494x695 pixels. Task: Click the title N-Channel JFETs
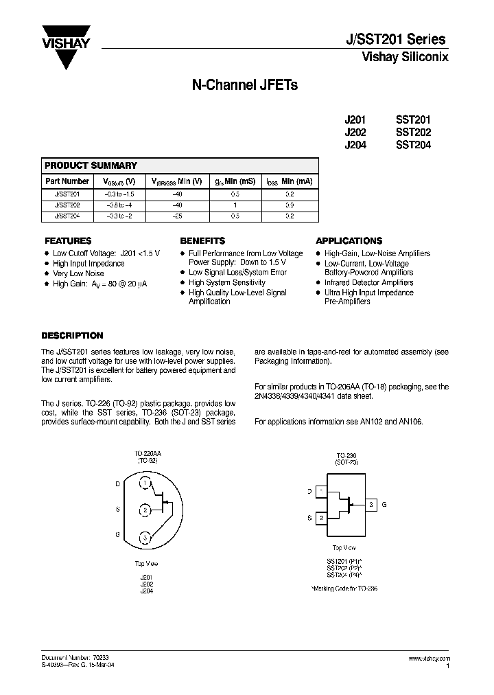pyautogui.click(x=244, y=86)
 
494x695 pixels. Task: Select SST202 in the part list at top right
pyautogui.click(x=413, y=132)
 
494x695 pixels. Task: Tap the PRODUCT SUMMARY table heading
pyautogui.click(x=91, y=166)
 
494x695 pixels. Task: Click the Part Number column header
pyautogui.click(x=67, y=181)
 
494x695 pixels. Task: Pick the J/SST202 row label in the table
pyautogui.click(x=67, y=205)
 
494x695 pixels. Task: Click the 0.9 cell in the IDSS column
pyautogui.click(x=290, y=205)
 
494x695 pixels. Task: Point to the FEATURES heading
pyautogui.click(x=68, y=241)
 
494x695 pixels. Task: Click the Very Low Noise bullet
pyautogui.click(x=78, y=273)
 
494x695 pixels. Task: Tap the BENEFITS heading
pyautogui.click(x=202, y=241)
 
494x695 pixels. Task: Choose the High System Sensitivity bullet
pyautogui.click(x=226, y=283)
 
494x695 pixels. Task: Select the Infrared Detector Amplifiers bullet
pyautogui.click(x=368, y=283)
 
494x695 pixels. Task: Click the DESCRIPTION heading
pyautogui.click(x=72, y=336)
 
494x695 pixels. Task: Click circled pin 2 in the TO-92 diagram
pyautogui.click(x=145, y=510)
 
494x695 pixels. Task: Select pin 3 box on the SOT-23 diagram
pyautogui.click(x=371, y=505)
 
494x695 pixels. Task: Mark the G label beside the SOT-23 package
pyautogui.click(x=384, y=505)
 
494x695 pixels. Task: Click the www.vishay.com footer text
pyautogui.click(x=430, y=657)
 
